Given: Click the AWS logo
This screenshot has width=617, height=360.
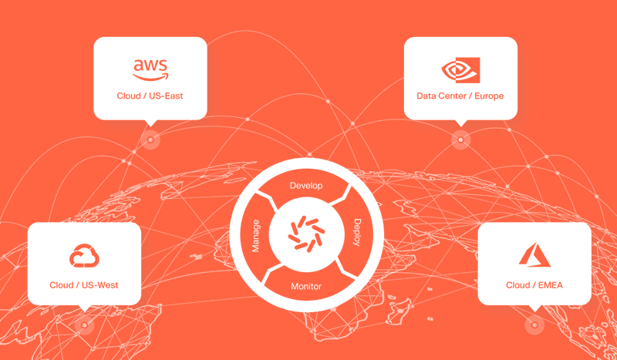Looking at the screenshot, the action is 150,69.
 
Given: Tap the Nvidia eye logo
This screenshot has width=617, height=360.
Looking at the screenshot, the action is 460,70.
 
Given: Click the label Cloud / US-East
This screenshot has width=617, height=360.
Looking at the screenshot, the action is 150,96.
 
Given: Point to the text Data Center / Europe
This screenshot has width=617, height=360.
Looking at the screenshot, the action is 460,96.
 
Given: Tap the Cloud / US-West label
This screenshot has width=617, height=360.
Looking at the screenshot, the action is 84,285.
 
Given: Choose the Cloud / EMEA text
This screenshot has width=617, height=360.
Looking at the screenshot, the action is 534,285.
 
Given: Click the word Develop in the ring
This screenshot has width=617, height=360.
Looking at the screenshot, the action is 306,187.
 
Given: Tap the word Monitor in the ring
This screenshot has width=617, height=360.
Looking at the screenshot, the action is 306,287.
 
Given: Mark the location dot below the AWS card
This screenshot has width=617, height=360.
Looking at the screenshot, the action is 151,140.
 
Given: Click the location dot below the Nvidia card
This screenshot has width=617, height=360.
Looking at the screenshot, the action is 460,140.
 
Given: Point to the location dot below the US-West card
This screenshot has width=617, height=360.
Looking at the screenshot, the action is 84,325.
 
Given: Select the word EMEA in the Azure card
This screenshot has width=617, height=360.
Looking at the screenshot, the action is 549,285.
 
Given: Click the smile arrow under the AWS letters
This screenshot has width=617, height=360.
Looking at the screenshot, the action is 151,77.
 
